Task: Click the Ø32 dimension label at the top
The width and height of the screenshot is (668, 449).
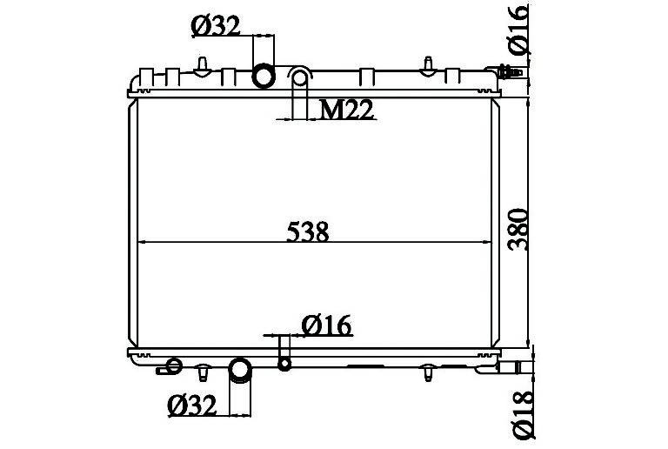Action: (216, 26)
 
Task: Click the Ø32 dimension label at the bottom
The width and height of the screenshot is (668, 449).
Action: (192, 405)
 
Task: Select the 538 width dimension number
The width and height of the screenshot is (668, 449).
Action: (308, 231)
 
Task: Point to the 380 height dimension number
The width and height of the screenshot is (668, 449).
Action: (518, 229)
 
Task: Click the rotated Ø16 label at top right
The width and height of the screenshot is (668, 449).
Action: (518, 30)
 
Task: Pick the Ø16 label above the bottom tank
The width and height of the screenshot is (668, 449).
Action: (326, 326)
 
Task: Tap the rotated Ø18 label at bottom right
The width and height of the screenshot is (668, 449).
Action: (523, 414)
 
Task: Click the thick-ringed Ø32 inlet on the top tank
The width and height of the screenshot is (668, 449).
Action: (264, 77)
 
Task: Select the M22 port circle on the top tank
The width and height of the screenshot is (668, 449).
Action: (300, 78)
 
